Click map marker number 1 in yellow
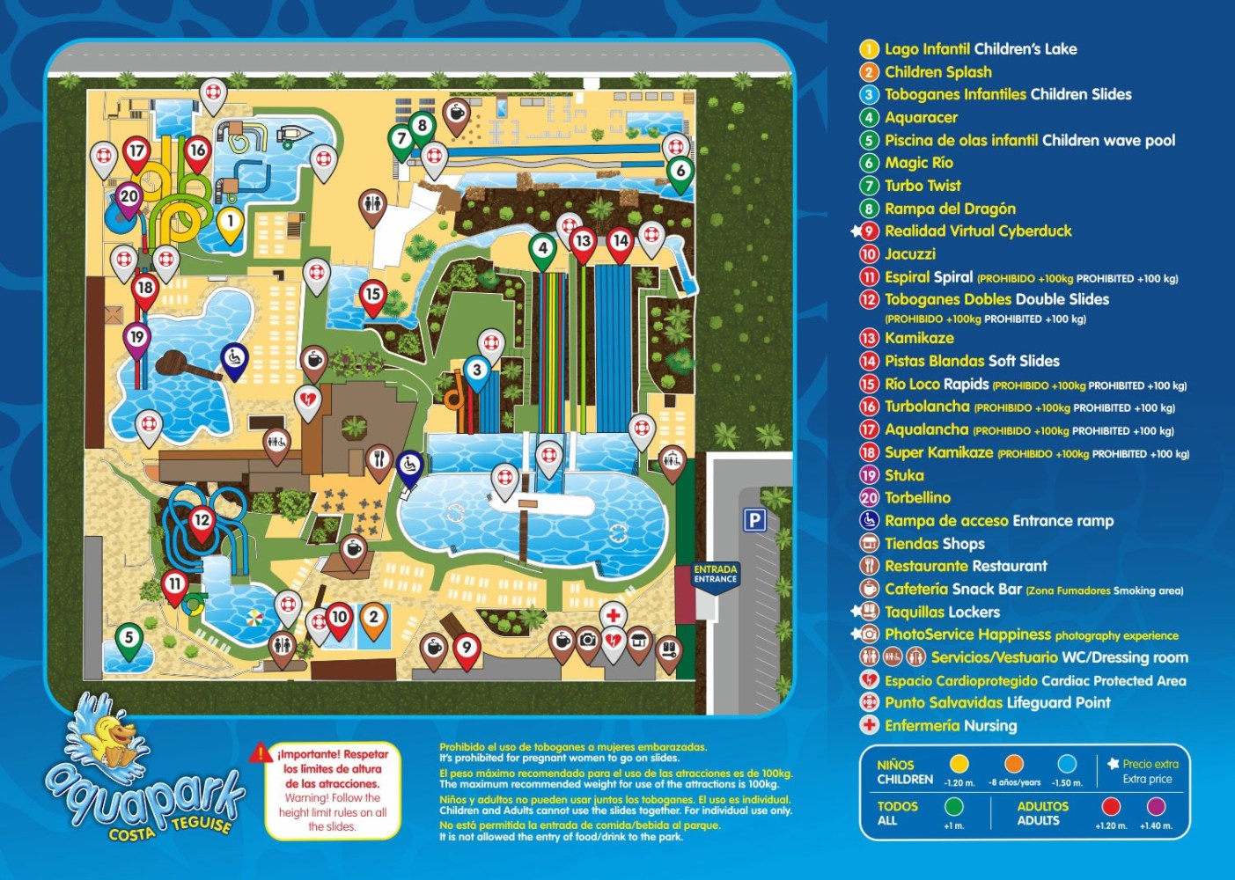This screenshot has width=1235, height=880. [230, 222]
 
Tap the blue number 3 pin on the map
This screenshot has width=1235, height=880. [477, 370]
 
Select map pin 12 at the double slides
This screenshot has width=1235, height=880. [202, 521]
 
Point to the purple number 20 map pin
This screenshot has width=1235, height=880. [129, 197]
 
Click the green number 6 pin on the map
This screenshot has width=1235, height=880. [680, 171]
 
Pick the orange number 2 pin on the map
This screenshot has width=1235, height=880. [373, 618]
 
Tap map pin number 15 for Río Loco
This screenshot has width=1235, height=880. [373, 295]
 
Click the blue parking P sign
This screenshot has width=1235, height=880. [754, 520]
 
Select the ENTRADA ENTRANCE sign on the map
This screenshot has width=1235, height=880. [715, 575]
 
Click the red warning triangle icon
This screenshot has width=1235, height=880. [261, 753]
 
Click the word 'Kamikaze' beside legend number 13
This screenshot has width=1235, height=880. [919, 338]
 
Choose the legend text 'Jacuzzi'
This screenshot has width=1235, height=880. [910, 254]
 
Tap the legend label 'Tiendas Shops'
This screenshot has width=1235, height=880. [934, 544]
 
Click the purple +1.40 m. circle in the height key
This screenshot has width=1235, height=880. [1156, 806]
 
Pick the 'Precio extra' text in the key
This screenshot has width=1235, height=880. [1150, 764]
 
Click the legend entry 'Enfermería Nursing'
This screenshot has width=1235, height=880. [951, 726]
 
